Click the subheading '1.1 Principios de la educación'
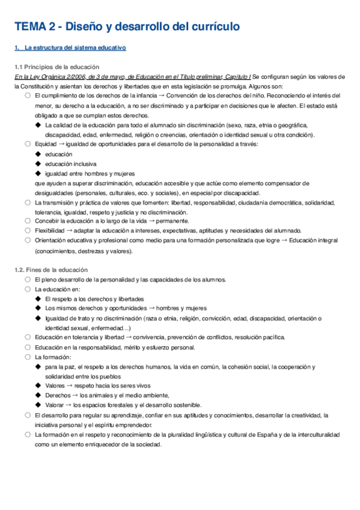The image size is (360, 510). (56, 67)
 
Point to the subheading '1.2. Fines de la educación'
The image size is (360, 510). (51, 270)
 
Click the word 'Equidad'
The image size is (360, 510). (46, 144)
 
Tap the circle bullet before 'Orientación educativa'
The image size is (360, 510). (28, 241)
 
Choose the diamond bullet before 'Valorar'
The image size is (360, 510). (38, 405)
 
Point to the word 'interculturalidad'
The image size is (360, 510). (322, 434)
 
